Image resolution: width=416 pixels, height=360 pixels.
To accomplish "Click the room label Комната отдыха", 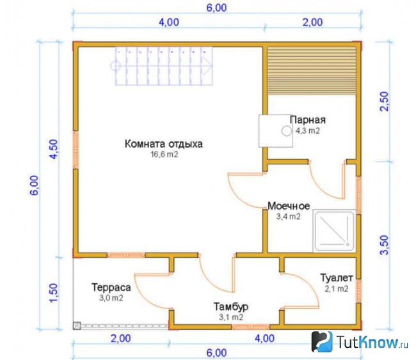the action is coord(164,144).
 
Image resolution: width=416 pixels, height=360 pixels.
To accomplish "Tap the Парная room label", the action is coord(308,120).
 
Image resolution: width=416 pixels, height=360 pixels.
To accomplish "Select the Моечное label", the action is coord(289,206).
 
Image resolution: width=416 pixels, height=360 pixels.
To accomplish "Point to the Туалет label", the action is coord(337,278).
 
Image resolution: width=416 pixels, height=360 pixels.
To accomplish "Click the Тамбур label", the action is coord(231,307).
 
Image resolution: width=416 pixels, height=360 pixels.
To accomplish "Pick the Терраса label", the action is coord(111,287).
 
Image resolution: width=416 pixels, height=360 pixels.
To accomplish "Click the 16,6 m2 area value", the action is coord(164,154).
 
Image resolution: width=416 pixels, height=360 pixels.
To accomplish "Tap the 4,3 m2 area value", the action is coord(308,130).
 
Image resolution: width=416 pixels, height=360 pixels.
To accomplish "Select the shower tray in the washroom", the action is coord(334,231).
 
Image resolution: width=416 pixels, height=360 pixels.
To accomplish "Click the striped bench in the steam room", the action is coord(312,71).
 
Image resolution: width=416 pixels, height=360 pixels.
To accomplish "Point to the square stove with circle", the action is coord(276,131).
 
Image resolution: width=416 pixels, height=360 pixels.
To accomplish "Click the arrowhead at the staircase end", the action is coord(208,66).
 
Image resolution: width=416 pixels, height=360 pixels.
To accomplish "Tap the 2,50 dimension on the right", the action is coord(385,102).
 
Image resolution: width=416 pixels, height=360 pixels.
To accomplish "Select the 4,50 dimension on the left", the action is coord(54,149).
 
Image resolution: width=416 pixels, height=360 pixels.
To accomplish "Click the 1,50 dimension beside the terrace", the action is coord(54,293).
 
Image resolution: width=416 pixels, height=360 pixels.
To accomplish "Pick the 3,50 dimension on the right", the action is coord(385,245).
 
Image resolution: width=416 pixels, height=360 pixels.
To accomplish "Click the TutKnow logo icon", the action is coord(322,341).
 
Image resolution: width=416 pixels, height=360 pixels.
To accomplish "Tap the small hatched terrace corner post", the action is coord(77,325).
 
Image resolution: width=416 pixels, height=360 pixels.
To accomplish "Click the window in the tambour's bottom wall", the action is coord(251,327).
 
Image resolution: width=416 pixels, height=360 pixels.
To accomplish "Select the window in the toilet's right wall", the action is coord(358,291).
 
